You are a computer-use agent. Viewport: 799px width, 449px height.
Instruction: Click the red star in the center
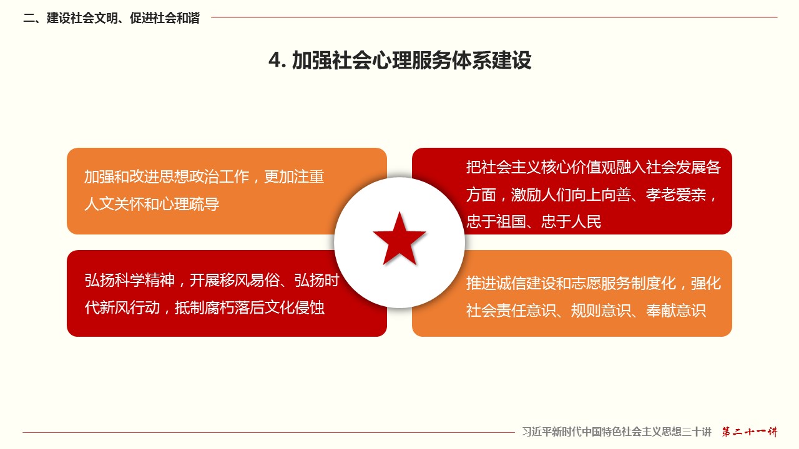[x=399, y=239]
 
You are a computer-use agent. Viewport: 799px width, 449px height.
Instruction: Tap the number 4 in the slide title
[x=275, y=60]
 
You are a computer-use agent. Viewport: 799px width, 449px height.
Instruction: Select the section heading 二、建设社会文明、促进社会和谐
[x=111, y=18]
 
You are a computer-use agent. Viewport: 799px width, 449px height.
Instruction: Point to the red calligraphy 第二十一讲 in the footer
[x=750, y=432]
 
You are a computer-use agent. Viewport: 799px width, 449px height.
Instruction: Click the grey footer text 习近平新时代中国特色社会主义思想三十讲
[x=617, y=432]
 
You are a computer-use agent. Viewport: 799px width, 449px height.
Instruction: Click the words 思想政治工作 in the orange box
[x=204, y=176]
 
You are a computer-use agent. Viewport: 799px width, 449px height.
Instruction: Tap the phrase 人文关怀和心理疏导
[x=152, y=204]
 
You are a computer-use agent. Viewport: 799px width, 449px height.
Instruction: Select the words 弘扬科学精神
[x=129, y=281]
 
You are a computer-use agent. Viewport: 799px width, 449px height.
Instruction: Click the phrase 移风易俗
[x=249, y=281]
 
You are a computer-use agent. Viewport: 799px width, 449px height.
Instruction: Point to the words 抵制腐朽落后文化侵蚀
[x=249, y=307]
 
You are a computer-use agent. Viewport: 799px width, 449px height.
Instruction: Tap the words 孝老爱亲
[x=676, y=195]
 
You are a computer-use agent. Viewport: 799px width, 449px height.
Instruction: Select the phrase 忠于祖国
[x=496, y=221]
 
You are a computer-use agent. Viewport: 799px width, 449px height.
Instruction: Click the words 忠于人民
[x=571, y=221]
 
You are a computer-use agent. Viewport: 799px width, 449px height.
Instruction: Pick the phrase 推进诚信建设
[x=511, y=283]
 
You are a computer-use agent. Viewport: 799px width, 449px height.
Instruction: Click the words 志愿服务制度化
[x=624, y=283]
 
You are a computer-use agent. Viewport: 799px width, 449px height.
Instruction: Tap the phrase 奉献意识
[x=676, y=311]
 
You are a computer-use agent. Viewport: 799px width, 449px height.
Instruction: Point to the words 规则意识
[x=601, y=311]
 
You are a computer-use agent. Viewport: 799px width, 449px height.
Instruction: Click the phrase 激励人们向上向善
[x=571, y=195]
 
